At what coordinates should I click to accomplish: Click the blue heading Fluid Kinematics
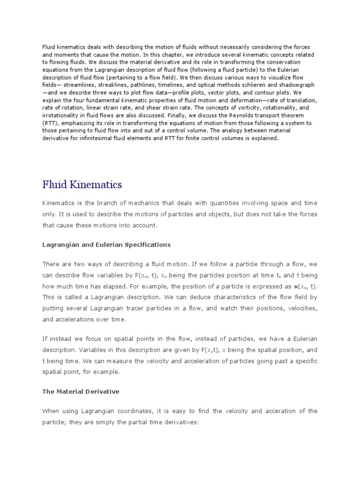pyautogui.click(x=82, y=185)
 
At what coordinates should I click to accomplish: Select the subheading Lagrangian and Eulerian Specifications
pyautogui.click(x=106, y=245)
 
